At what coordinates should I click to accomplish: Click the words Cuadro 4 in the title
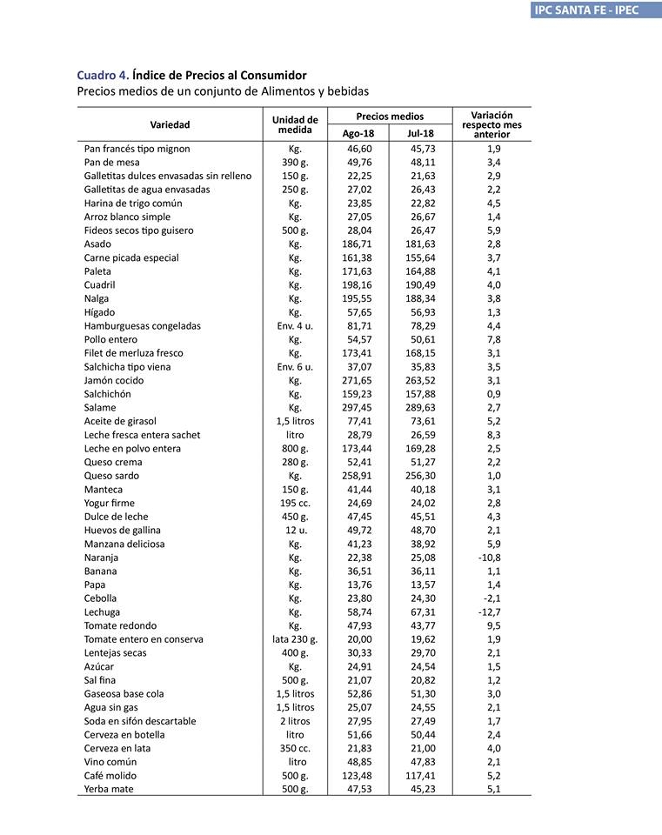coord(102,76)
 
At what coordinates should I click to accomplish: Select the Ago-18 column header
coord(358,133)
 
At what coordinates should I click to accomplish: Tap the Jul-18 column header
coord(420,133)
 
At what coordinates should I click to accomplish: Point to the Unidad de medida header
coord(295,124)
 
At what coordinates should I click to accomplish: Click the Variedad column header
coord(170,124)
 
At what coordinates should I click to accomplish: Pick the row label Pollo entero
coord(110,339)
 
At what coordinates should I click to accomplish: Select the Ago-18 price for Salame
coord(358,407)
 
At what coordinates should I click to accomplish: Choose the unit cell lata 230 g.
coord(295,639)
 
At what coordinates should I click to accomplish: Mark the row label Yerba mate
coord(110,789)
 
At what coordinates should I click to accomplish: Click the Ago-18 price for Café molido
coord(358,775)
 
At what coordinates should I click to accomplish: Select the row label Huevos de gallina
coord(122,530)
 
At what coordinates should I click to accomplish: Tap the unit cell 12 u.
coord(295,530)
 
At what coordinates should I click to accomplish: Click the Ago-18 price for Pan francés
coord(358,149)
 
